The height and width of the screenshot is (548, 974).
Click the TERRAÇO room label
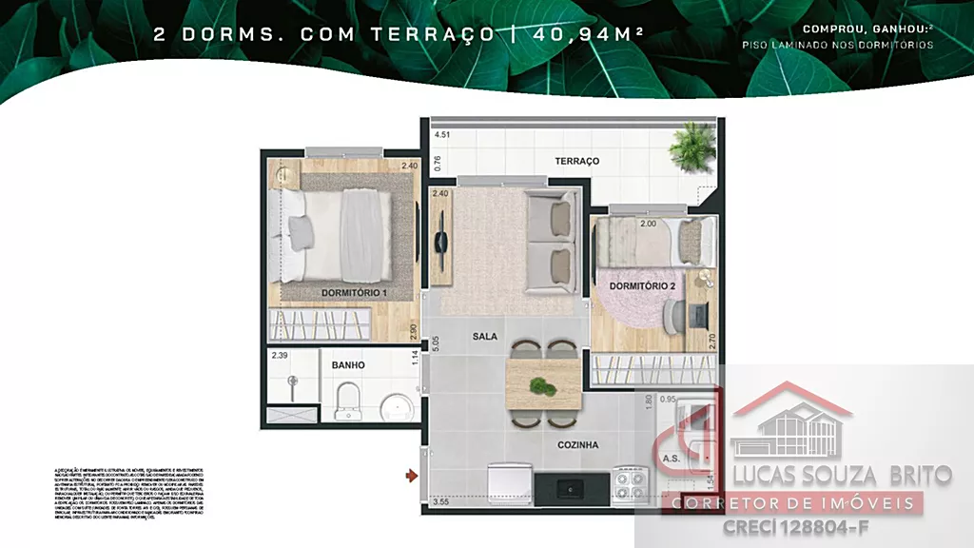[577, 161]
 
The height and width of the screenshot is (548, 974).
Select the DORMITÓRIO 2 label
[642, 285]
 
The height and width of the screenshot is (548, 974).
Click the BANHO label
[348, 364]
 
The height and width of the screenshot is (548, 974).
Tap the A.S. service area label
[670, 459]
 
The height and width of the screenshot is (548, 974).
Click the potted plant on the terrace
[692, 147]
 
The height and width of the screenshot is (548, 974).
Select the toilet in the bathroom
[347, 400]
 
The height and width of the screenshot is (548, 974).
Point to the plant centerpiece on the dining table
[541, 385]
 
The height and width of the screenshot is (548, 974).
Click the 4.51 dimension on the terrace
[441, 135]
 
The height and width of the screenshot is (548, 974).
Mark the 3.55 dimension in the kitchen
[440, 501]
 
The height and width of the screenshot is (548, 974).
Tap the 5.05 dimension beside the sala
[436, 343]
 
